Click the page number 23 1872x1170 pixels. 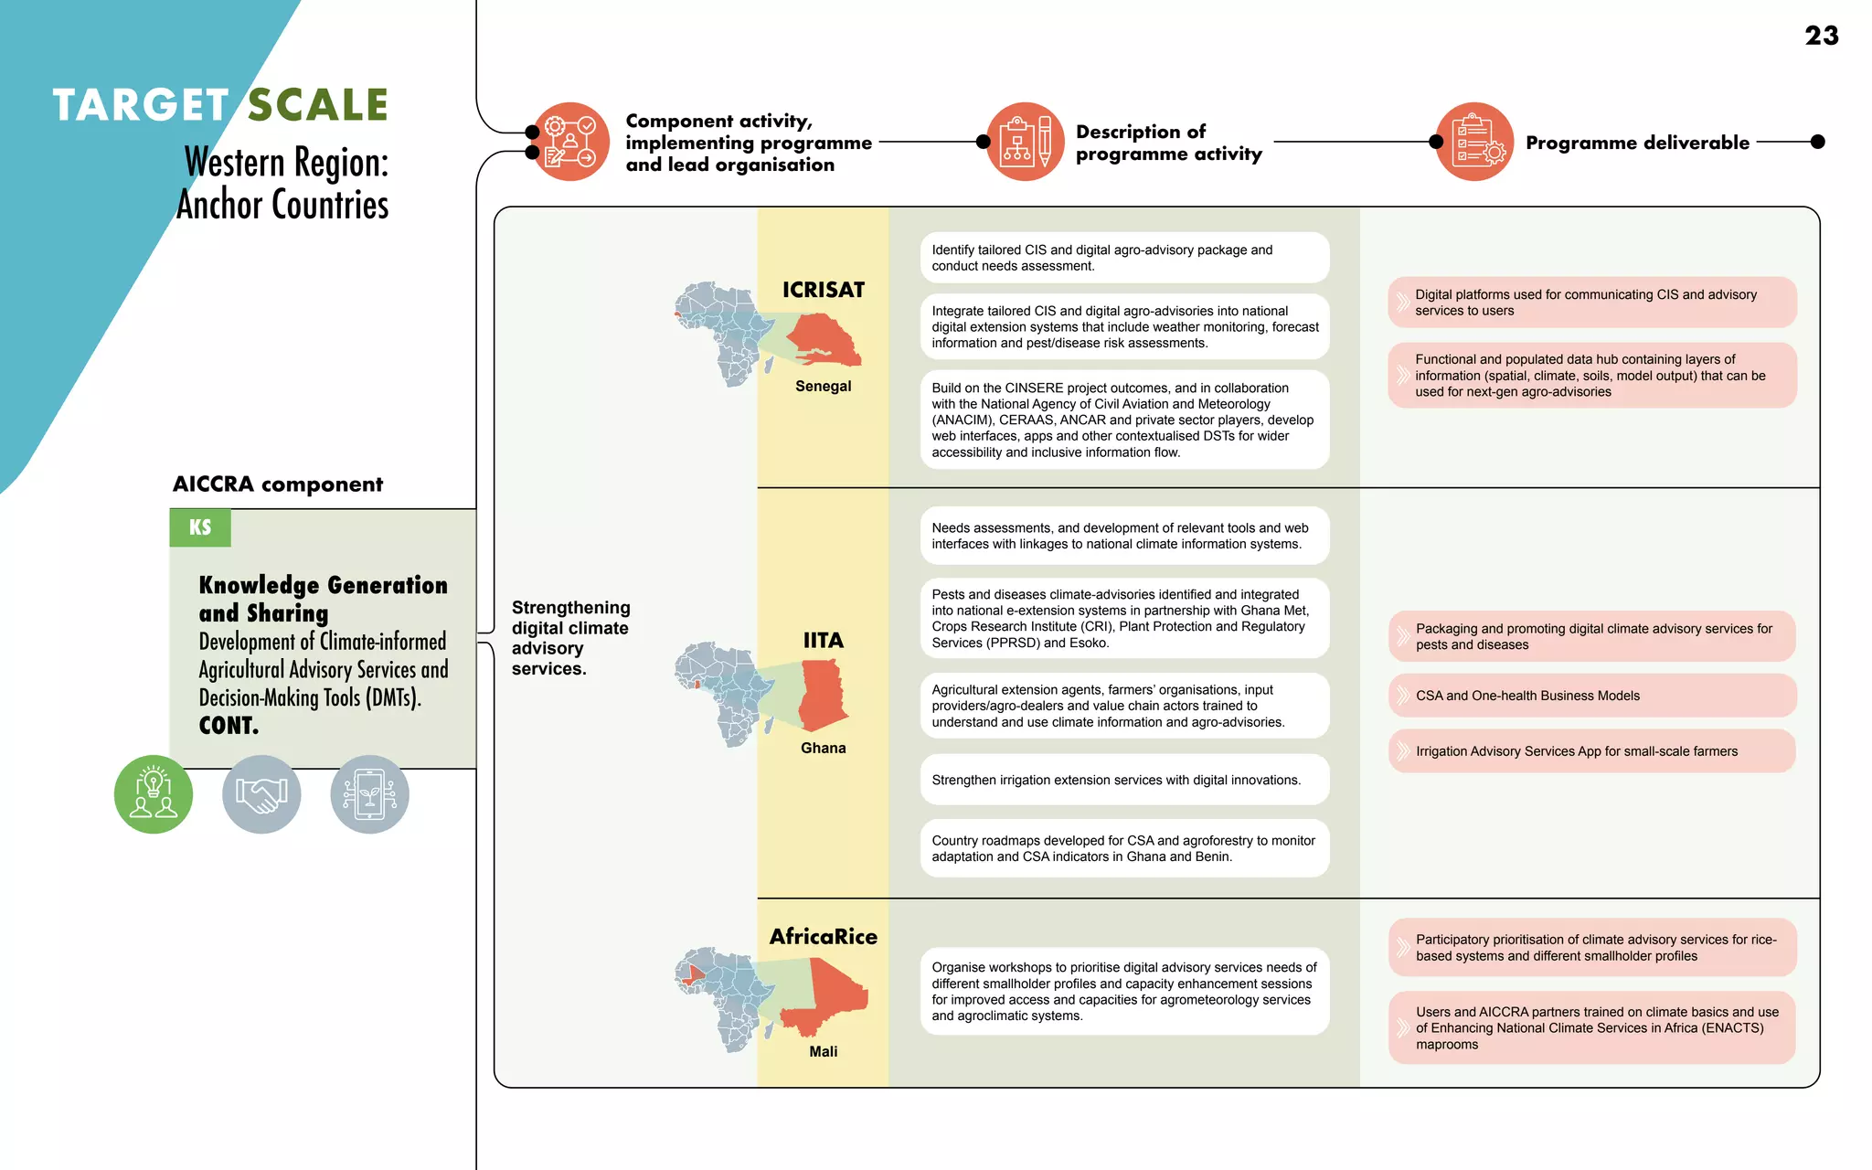[1821, 36]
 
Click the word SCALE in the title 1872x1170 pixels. [318, 105]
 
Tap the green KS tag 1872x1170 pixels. [200, 527]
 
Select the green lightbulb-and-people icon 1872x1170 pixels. [154, 793]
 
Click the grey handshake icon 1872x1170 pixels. [261, 793]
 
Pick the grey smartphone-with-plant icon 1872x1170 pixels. [369, 793]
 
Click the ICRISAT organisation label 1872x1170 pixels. [823, 290]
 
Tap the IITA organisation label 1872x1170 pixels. [823, 640]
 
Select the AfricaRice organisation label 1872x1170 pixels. [823, 936]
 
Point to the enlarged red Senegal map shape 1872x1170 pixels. [823, 340]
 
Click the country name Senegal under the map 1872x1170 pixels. [823, 386]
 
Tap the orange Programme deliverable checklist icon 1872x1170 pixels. [1474, 142]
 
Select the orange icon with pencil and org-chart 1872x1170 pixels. [1025, 142]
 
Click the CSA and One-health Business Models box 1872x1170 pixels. [1591, 696]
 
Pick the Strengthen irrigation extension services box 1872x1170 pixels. [1124, 780]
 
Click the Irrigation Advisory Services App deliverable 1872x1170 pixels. [1591, 751]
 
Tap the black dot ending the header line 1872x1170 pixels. [1817, 142]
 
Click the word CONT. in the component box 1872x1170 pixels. [229, 726]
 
